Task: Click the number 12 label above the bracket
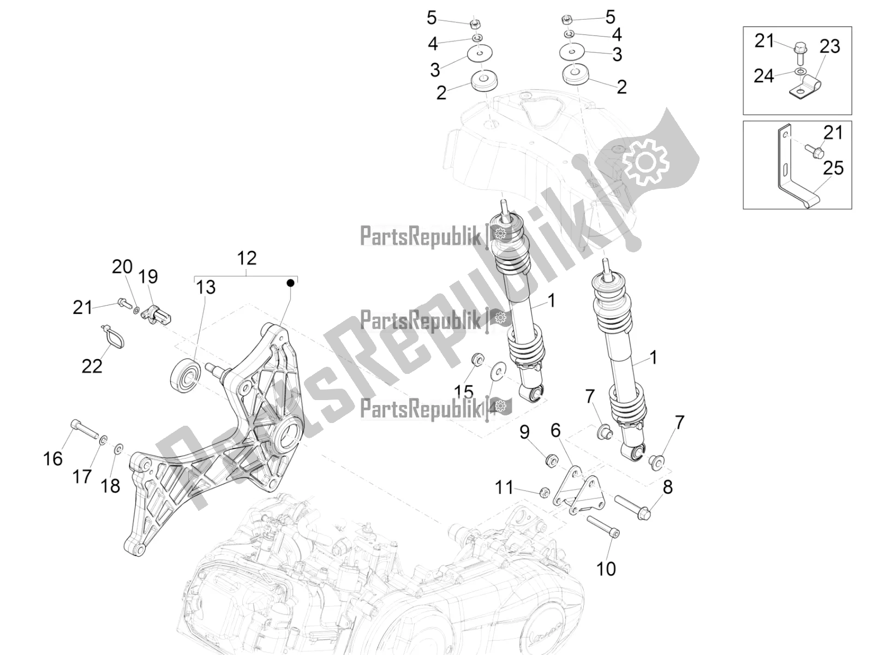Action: click(x=247, y=258)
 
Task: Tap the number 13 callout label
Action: click(x=206, y=288)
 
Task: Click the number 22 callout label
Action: click(x=92, y=366)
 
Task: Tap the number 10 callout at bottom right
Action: click(x=606, y=569)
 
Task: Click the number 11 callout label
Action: click(x=504, y=487)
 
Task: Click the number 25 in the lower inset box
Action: click(x=833, y=168)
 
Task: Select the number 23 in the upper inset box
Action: click(x=830, y=46)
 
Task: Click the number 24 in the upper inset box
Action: click(x=764, y=76)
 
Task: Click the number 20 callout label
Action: click(x=122, y=267)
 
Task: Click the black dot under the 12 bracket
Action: click(x=291, y=283)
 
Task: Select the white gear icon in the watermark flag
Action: click(x=645, y=162)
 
